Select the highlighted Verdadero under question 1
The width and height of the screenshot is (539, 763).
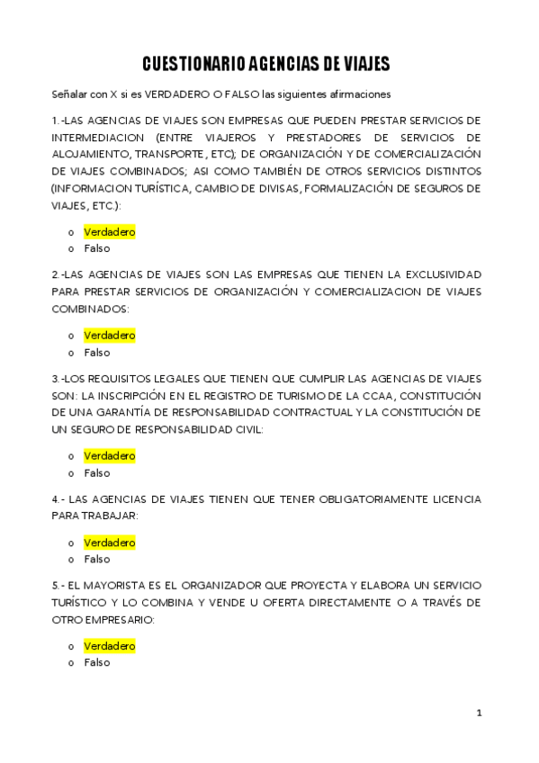click(x=109, y=232)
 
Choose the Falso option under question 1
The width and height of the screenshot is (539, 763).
click(x=96, y=249)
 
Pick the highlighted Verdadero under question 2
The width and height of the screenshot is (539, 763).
click(x=109, y=336)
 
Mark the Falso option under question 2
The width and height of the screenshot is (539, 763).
click(x=96, y=353)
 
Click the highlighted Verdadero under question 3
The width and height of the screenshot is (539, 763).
click(x=109, y=456)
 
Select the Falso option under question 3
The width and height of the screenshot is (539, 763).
click(x=96, y=473)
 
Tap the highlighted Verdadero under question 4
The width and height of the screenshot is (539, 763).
click(x=109, y=543)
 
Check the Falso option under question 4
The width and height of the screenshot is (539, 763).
click(x=96, y=560)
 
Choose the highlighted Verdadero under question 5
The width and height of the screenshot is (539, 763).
click(x=109, y=646)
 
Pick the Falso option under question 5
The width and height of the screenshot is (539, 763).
click(x=96, y=663)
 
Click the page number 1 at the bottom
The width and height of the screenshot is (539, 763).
click(x=480, y=714)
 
